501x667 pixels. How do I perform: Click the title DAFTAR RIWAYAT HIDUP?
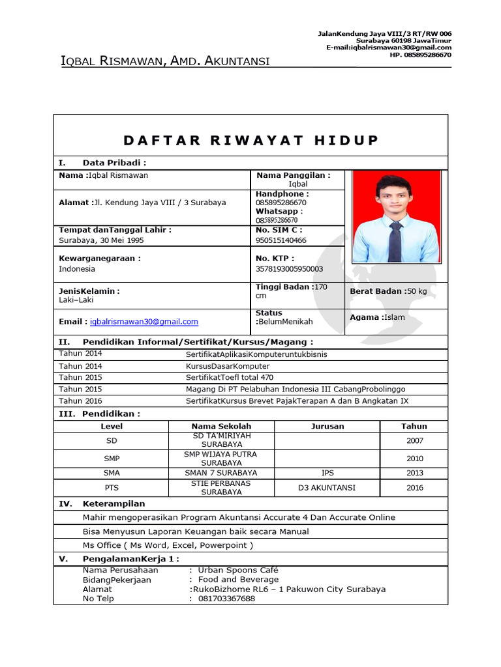coord(250,141)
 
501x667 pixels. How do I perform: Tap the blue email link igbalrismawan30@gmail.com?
coord(144,322)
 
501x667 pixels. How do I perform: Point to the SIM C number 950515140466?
coord(281,240)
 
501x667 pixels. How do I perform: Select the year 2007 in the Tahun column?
coord(414,441)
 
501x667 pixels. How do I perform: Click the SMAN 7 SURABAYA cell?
coord(220,473)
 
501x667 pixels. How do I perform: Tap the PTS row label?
coord(112,488)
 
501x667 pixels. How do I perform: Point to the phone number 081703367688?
coord(227,599)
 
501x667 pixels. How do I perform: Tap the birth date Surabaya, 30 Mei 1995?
coord(101,240)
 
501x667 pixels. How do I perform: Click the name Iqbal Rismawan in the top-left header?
coord(111,62)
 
